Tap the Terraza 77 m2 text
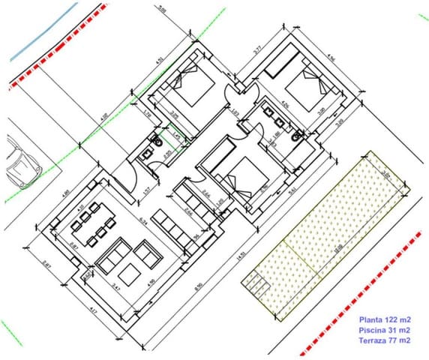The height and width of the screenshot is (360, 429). point(383,340)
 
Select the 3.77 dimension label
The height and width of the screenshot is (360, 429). point(257,51)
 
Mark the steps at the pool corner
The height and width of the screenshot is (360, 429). point(254,283)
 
